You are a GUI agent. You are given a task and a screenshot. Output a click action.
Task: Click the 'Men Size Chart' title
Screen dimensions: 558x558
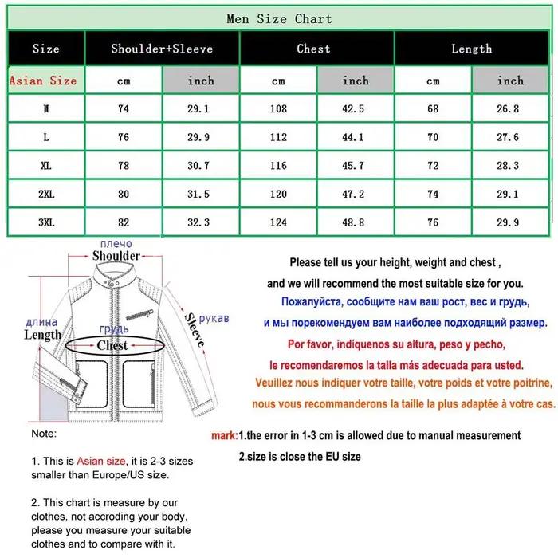coord(279,18)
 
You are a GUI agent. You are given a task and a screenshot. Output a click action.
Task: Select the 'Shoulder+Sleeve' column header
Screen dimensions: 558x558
coord(162,49)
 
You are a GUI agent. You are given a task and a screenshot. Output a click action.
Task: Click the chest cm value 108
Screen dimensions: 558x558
coord(278,108)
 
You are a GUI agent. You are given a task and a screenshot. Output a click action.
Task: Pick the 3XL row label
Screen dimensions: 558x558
coord(46,222)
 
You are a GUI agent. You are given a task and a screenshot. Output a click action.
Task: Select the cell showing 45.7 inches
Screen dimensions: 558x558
coord(353,166)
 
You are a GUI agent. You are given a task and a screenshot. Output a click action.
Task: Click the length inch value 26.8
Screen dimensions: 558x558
coord(508,108)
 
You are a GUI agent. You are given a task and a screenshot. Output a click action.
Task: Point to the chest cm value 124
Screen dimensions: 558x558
coord(278,222)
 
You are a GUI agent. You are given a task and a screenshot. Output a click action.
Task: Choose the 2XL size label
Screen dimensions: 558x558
coord(46,194)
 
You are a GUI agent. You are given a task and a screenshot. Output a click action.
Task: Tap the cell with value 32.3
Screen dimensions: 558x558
coord(198,222)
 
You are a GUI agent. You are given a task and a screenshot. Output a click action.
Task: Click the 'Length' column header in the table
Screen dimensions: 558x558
coord(472,49)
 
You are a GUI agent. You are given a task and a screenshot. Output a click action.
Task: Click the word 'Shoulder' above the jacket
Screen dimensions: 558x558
coord(116,256)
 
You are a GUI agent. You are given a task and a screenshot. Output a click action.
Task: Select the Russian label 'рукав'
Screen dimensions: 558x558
coord(214,318)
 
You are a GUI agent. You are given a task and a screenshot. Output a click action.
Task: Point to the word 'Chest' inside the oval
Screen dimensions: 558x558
coord(112,345)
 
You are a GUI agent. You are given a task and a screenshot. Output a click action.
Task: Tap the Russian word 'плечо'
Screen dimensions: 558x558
coord(116,244)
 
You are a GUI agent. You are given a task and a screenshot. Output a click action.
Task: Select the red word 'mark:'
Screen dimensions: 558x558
coord(224,435)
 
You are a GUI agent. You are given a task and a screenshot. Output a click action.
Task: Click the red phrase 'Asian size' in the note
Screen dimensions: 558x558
coord(101,462)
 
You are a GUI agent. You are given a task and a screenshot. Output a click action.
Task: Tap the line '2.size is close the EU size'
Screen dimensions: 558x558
coord(300,457)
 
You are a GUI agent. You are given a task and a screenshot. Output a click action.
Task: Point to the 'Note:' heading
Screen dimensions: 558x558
coord(44,434)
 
